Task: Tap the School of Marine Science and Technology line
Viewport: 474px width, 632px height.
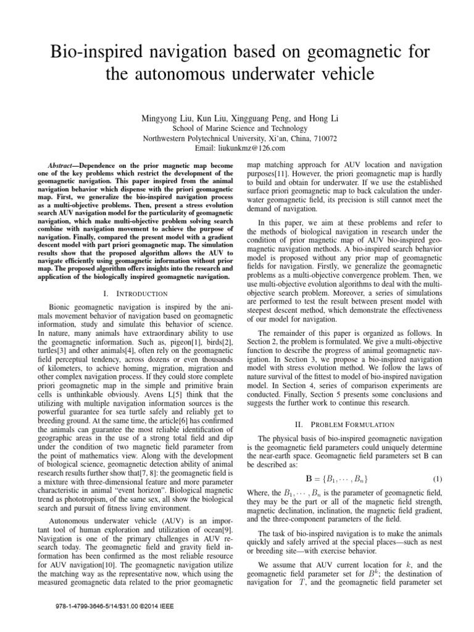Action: point(237,128)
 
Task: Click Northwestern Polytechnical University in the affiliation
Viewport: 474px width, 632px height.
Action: point(202,138)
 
